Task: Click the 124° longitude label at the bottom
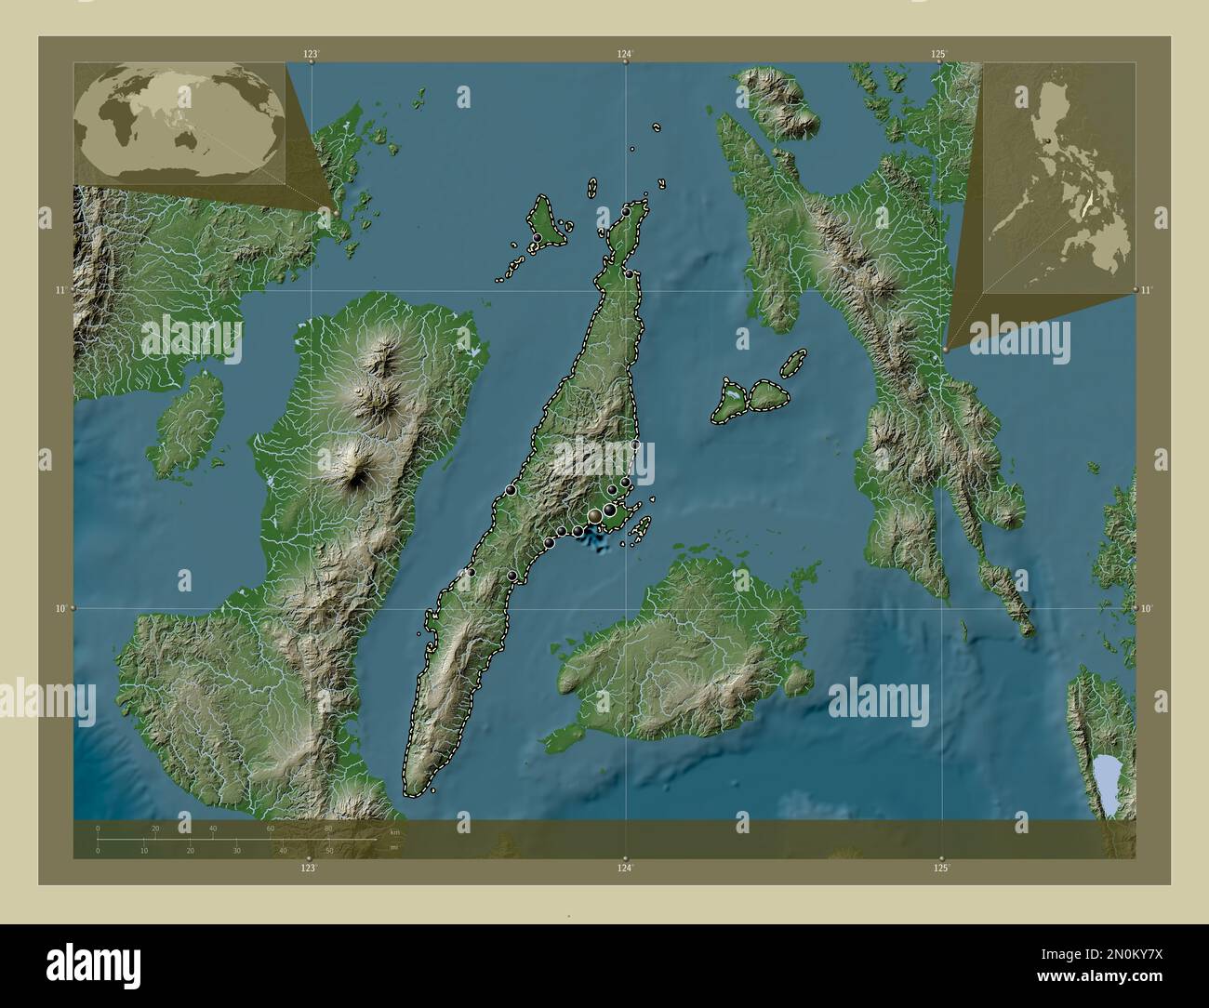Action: [x=625, y=868]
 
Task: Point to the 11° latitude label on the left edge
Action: [x=60, y=291]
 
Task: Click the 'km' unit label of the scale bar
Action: [x=394, y=831]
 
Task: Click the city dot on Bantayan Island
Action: [x=538, y=238]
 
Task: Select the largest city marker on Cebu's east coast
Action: [x=594, y=515]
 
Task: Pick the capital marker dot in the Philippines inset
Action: [x=1048, y=141]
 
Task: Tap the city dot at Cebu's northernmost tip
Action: [x=626, y=211]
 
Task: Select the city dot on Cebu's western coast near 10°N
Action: [x=472, y=573]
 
